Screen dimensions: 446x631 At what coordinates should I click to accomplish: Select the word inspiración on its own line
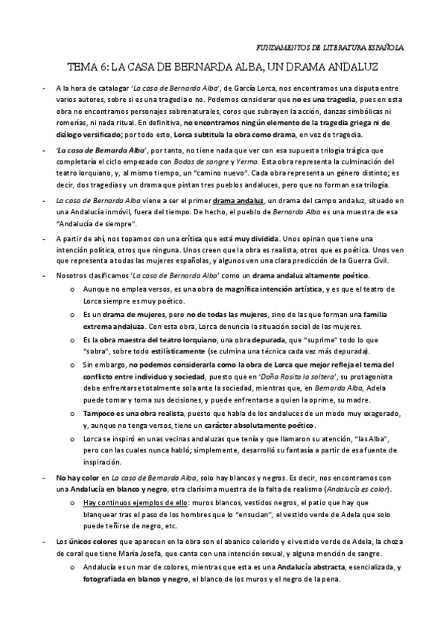pos(103,462)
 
